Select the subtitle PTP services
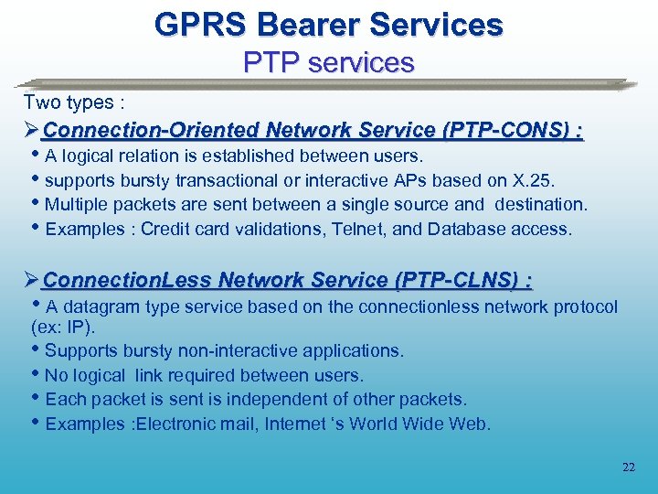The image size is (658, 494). (x=328, y=62)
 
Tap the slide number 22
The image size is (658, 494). (x=628, y=467)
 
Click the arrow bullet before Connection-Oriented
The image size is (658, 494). (x=32, y=131)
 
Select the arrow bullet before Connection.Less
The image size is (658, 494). (x=32, y=280)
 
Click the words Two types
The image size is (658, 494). (x=63, y=102)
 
